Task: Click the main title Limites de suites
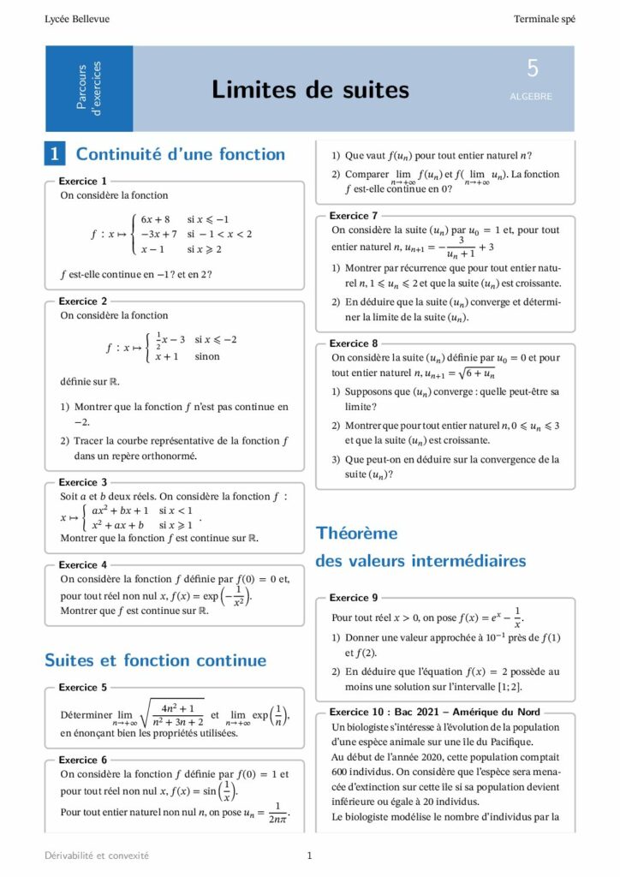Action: (x=310, y=90)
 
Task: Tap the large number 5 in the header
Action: (x=533, y=69)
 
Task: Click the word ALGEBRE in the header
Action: (x=531, y=97)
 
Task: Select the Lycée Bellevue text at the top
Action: (x=77, y=19)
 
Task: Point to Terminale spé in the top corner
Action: (x=544, y=19)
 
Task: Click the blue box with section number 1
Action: (x=55, y=154)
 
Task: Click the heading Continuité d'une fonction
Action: (x=181, y=154)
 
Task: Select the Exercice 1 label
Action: (x=83, y=182)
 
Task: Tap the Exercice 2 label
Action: (x=83, y=301)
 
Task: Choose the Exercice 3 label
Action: (x=83, y=482)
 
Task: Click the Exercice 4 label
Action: (x=83, y=564)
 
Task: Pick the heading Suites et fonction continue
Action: (x=155, y=660)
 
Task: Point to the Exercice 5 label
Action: (x=83, y=687)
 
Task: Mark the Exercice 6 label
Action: (x=83, y=760)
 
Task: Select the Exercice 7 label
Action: (x=354, y=216)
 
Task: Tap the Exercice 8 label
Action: (x=354, y=343)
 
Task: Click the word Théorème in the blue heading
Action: (x=357, y=534)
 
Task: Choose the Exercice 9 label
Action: (x=354, y=597)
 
